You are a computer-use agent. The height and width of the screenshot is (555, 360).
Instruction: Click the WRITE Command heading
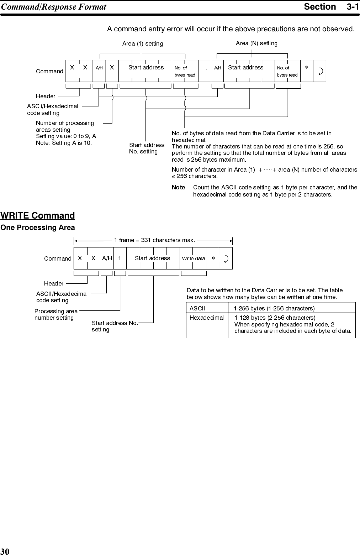point(38,216)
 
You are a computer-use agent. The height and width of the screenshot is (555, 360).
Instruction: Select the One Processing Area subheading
point(38,227)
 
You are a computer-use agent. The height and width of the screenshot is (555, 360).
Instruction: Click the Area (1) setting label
point(142,44)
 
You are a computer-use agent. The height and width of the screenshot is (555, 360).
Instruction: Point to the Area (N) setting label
point(256,43)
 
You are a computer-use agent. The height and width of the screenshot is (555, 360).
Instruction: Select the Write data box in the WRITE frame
point(194,258)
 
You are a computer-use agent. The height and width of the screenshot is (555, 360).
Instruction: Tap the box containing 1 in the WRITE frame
point(120,258)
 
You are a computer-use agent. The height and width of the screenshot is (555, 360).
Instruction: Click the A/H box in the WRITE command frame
point(107,258)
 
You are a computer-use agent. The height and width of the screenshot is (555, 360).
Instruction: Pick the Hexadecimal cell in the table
point(207,318)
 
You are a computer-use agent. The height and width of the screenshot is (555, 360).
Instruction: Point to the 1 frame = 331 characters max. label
point(154,240)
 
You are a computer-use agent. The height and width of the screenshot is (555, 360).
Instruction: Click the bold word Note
point(178,187)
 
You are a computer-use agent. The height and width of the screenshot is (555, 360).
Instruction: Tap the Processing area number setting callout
point(56,314)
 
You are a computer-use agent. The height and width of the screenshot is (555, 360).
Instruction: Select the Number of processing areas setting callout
point(65,126)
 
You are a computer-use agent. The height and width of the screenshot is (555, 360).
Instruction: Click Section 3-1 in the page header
point(331,7)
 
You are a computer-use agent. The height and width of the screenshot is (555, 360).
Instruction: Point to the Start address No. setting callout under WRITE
point(115,326)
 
